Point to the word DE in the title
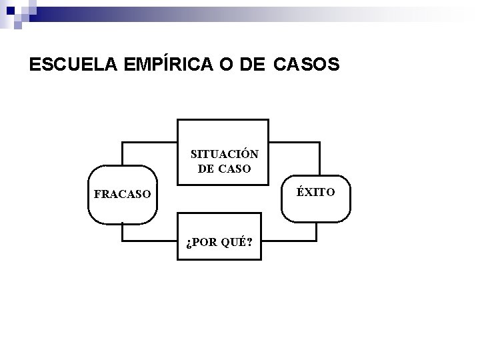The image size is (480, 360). tap(250, 65)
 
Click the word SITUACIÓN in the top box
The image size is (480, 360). tap(225, 154)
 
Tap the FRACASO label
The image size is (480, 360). tap(123, 195)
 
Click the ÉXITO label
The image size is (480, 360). tap(316, 191)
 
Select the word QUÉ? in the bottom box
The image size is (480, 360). tap(237, 241)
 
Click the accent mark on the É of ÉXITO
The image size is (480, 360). tap(301, 186)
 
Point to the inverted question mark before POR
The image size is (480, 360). tap(189, 241)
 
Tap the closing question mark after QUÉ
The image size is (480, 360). tap(249, 241)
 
